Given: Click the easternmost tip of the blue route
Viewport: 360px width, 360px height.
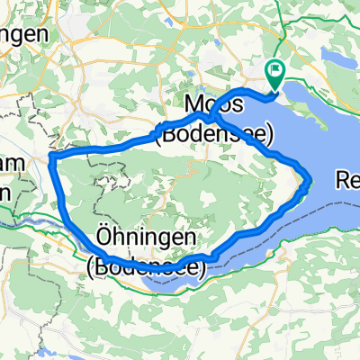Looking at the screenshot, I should click(x=310, y=179).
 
